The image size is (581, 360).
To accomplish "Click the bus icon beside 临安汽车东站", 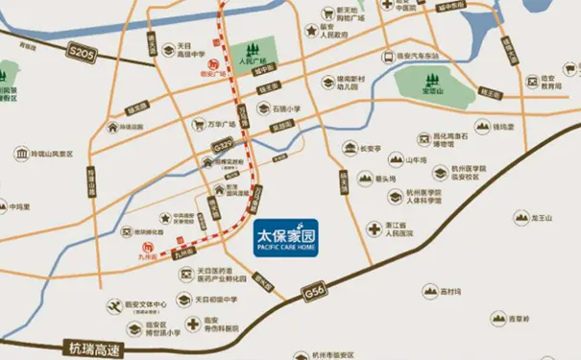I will click(387, 56).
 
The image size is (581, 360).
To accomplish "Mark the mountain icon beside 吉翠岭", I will click(494, 318).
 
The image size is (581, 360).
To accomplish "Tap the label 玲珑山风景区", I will click(52, 152).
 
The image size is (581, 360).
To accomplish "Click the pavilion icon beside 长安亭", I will click(343, 149).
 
